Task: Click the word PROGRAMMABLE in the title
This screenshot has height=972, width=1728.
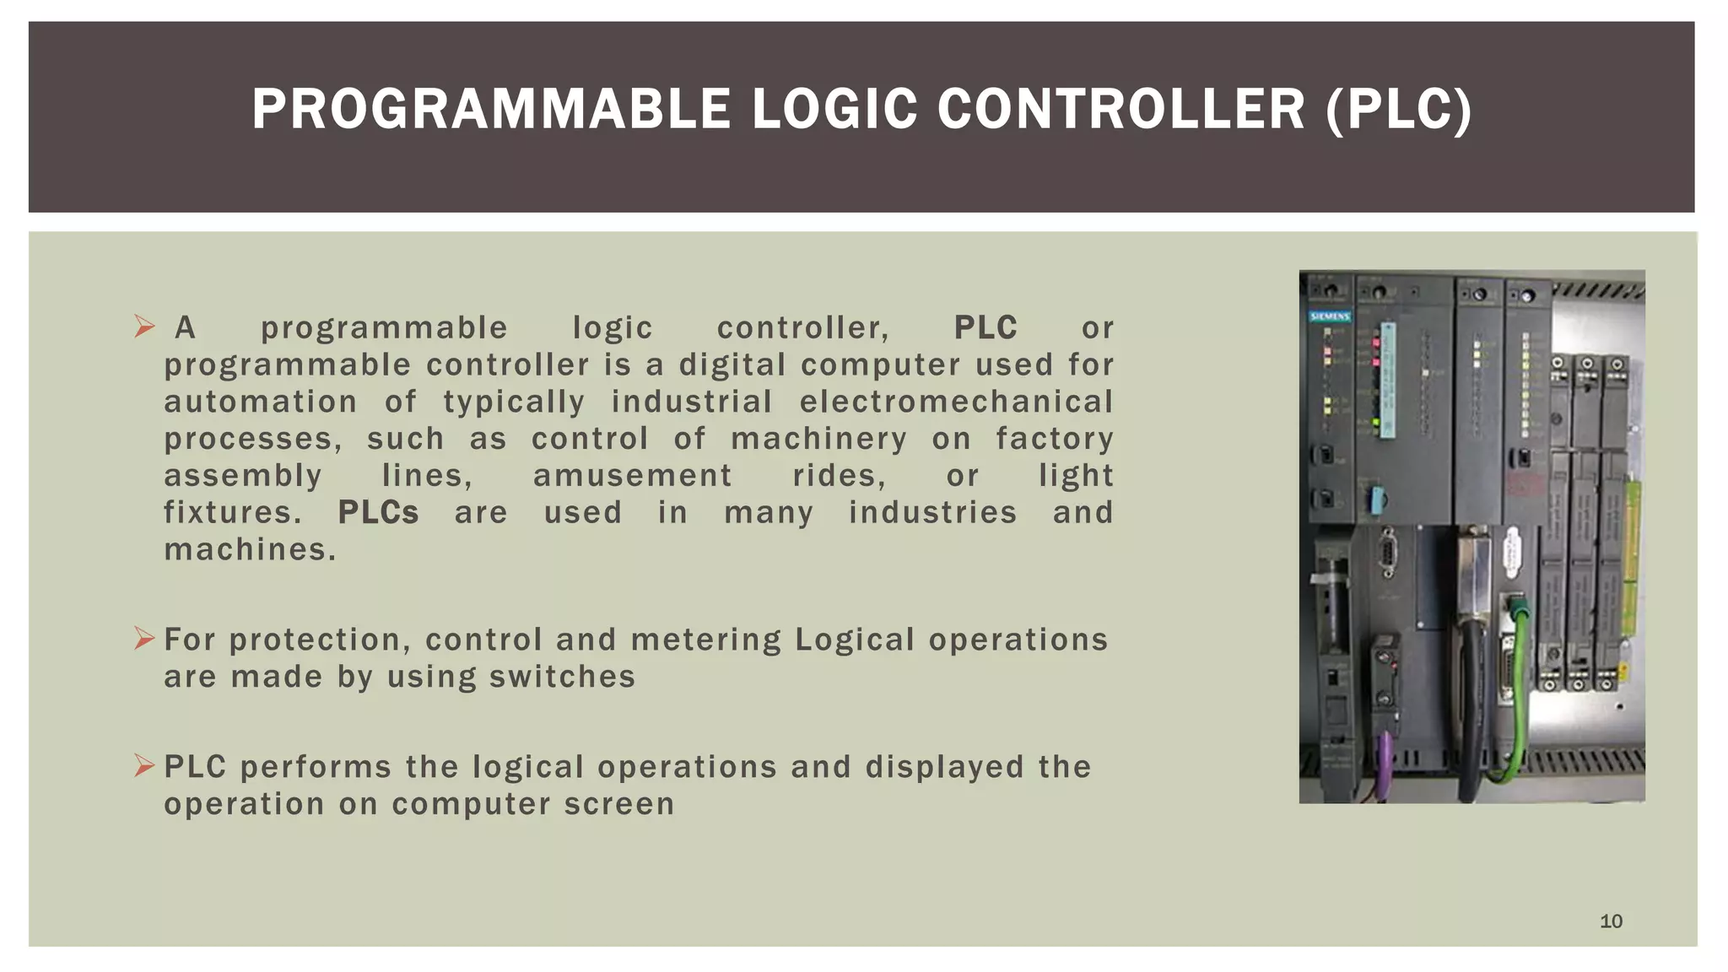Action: [x=491, y=110]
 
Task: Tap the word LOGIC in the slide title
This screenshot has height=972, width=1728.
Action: [x=834, y=110]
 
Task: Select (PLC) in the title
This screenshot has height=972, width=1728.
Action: [x=1398, y=110]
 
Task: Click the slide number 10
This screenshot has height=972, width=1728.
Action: [x=1611, y=921]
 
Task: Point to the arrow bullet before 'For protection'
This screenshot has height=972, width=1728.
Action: [x=144, y=639]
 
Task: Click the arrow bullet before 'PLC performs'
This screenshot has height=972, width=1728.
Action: [x=144, y=766]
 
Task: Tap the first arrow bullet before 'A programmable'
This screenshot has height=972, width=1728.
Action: [x=144, y=327]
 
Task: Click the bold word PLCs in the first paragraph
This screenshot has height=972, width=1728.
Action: [x=378, y=512]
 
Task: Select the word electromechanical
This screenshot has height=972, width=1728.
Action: [x=956, y=402]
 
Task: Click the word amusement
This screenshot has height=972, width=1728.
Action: [x=632, y=476]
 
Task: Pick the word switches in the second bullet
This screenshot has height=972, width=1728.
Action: [x=561, y=677]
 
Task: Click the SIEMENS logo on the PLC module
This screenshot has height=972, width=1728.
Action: [x=1330, y=316]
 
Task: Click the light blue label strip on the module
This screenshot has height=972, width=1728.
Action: [x=1388, y=380]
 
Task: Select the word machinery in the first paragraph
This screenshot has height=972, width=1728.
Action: [x=818, y=439]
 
